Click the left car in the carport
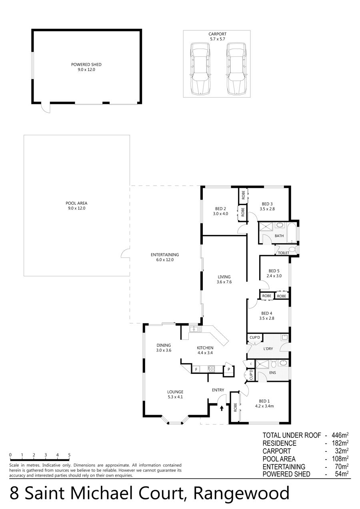click(x=200, y=69)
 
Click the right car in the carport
click(x=236, y=69)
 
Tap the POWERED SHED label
click(x=86, y=64)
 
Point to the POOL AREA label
click(x=76, y=203)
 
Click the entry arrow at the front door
click(x=222, y=408)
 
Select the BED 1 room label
click(x=264, y=401)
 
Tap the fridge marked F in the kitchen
click(x=196, y=369)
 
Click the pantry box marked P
click(x=229, y=369)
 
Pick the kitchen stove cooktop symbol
click(x=211, y=369)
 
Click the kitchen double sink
click(x=195, y=329)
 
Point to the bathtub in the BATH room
click(x=292, y=233)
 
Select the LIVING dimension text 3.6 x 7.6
click(x=224, y=282)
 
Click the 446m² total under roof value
click(x=340, y=435)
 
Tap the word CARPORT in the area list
click(x=276, y=451)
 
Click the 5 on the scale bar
click(x=69, y=455)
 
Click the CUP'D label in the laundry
click(x=254, y=337)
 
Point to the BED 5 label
click(x=274, y=271)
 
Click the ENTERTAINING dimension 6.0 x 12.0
click(x=165, y=260)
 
